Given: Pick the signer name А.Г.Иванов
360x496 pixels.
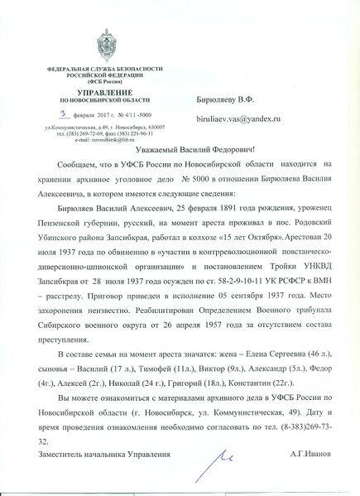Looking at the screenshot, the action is tap(310, 455).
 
